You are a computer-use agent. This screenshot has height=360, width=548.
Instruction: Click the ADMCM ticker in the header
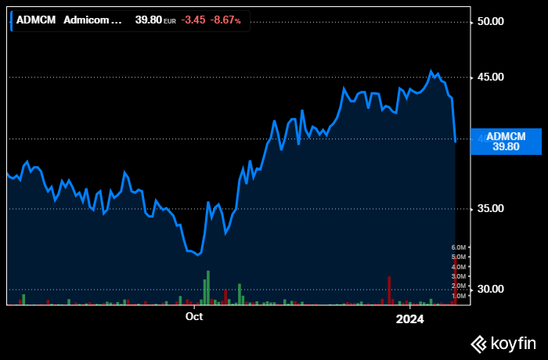36,20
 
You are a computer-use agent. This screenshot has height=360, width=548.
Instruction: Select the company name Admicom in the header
93,20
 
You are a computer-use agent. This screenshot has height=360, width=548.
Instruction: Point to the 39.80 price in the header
148,20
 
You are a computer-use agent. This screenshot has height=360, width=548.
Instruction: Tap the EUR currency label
170,20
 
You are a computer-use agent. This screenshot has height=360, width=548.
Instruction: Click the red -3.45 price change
193,20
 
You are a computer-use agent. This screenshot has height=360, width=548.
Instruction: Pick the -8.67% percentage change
226,20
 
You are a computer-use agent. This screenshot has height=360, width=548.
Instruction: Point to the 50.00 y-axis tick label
490,21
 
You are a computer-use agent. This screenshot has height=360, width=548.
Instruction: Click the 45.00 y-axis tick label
490,77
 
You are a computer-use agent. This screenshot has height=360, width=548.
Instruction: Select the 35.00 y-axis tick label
490,209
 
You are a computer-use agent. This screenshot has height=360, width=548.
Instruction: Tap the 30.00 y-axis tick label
490,290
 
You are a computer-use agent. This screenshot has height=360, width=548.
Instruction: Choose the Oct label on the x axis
193,317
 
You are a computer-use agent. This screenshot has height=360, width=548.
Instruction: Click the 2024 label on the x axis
409,319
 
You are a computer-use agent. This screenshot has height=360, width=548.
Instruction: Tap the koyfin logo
503,343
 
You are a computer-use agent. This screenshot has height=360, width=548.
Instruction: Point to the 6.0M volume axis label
460,247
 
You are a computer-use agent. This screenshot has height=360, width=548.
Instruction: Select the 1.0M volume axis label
460,296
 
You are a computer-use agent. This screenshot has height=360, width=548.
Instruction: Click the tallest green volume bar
208,287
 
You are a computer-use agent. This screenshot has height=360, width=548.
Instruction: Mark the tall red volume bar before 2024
389,290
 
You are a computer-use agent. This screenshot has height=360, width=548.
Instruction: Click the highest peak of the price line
431,71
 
